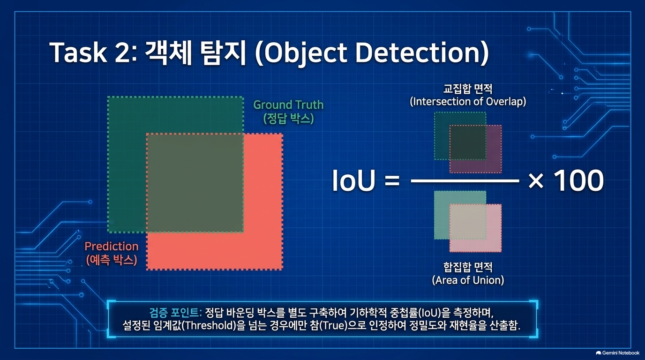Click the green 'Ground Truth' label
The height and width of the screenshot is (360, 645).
tap(288, 105)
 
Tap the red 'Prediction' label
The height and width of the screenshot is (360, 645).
tap(112, 247)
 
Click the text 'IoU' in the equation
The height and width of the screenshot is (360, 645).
tap(354, 180)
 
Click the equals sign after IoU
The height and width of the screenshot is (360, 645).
tap(392, 181)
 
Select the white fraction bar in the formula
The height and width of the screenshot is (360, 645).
tap(465, 181)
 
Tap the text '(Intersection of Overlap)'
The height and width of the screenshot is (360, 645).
tap(468, 102)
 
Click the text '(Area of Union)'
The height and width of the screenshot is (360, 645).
tap(468, 280)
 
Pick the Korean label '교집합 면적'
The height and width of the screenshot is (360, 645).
tap(468, 89)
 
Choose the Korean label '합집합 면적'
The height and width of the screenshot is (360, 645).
tap(468, 267)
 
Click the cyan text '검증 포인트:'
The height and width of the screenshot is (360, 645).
tap(175, 313)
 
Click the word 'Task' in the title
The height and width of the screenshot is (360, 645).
tap(78, 52)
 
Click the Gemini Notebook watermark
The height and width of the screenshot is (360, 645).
tap(617, 353)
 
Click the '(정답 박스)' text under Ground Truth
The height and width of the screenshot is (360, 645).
tap(288, 119)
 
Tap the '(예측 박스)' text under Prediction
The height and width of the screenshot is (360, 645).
tap(112, 260)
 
